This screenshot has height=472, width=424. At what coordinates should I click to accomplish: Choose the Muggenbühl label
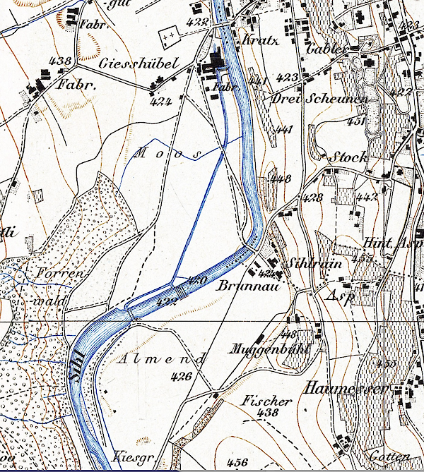pyautogui.click(x=257, y=348)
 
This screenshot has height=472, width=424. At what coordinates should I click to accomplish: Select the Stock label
pyautogui.click(x=349, y=157)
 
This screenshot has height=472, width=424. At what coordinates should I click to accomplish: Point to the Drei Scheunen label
pyautogui.click(x=319, y=99)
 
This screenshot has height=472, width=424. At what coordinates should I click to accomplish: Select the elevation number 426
pyautogui.click(x=181, y=376)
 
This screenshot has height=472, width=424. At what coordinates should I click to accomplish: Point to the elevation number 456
pyautogui.click(x=238, y=462)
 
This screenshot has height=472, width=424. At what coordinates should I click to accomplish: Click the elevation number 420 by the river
pyautogui.click(x=197, y=280)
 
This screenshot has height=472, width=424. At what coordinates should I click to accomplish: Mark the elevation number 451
pyautogui.click(x=357, y=121)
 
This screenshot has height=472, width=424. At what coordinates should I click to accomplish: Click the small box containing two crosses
pyautogui.click(x=167, y=33)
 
